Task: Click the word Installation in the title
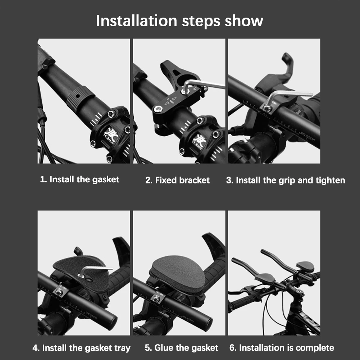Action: pyautogui.click(x=136, y=20)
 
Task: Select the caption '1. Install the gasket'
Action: pyautogui.click(x=79, y=179)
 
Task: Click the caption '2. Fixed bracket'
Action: pyautogui.click(x=177, y=180)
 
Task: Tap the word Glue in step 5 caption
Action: pyautogui.click(x=164, y=348)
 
